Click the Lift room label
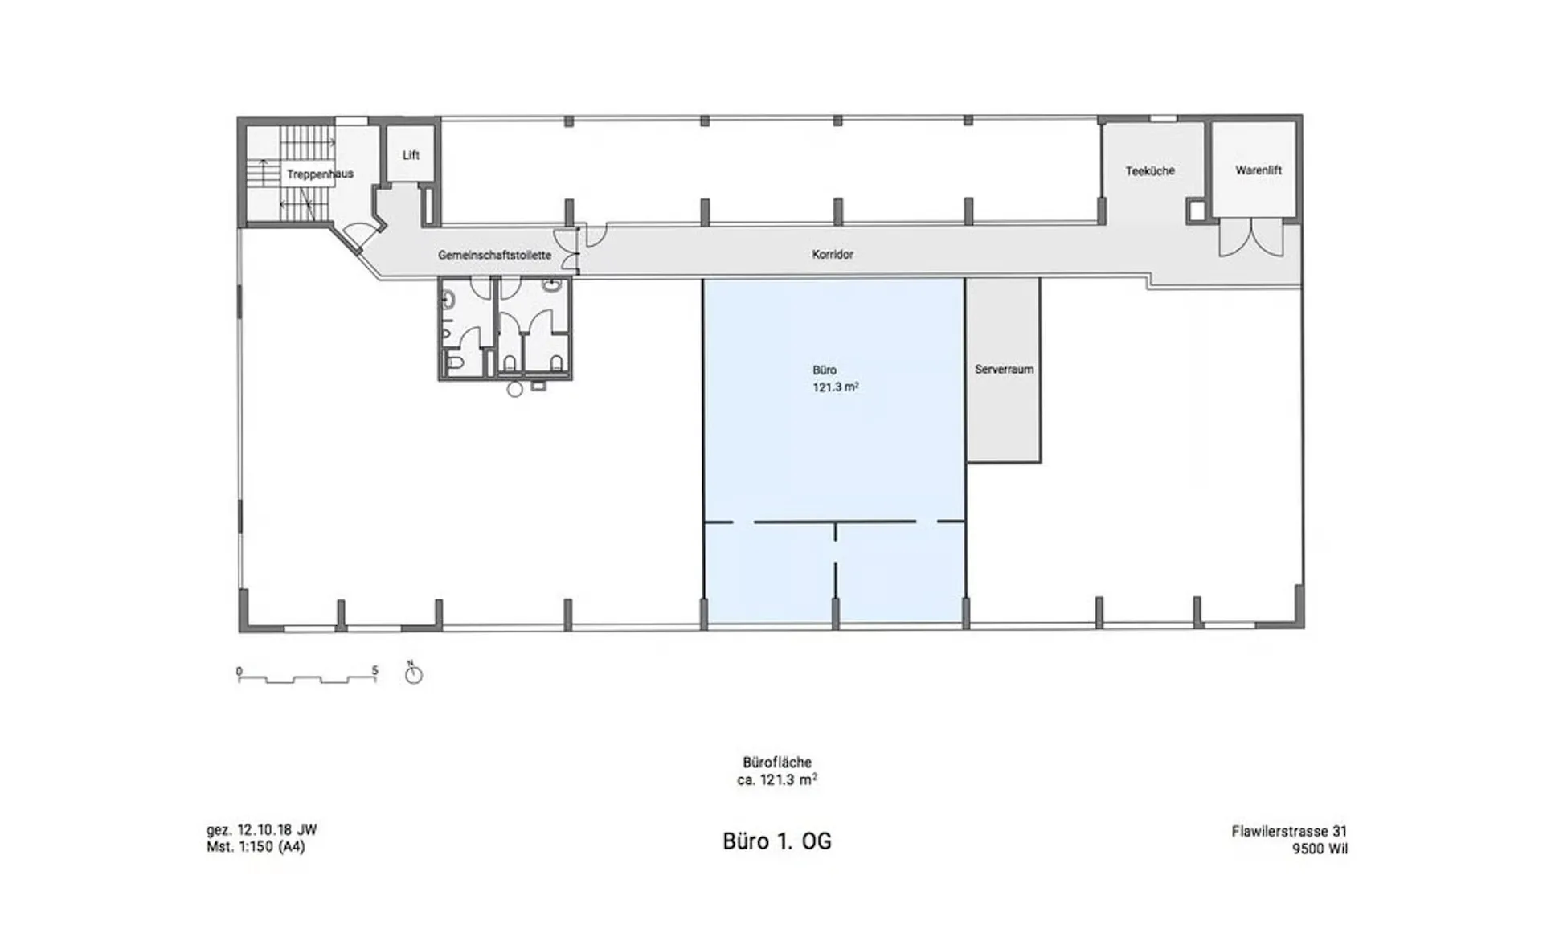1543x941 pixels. coord(411,155)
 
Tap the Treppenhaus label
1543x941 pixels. coord(320,174)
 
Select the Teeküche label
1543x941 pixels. coord(1150,170)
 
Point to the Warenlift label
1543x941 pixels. coord(1259,170)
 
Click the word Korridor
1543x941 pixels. coord(833,254)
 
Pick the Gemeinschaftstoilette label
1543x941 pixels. coord(494,255)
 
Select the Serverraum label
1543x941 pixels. coord(1004,370)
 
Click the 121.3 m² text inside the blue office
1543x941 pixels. coord(836,387)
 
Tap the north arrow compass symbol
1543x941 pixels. coord(413,673)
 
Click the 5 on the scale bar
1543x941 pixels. coord(374,670)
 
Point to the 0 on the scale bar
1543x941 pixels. coord(239,671)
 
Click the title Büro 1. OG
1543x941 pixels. coord(777,841)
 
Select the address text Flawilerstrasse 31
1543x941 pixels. coord(1289,832)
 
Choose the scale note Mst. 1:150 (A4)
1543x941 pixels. coord(256,846)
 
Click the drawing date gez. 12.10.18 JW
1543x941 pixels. coord(262,830)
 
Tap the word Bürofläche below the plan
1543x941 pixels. coord(777,762)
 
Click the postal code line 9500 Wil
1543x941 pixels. coord(1320,849)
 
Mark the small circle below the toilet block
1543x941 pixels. coord(515,390)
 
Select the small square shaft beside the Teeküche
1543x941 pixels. coord(1197,210)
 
